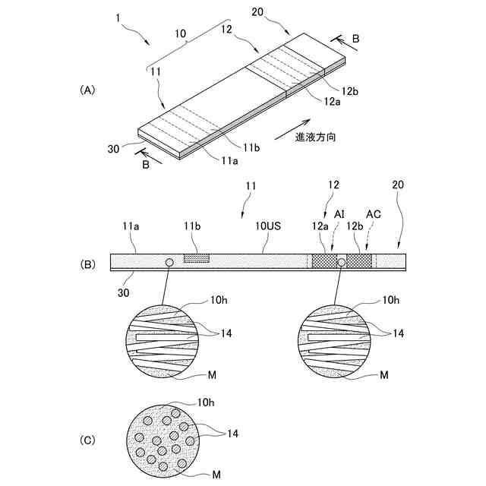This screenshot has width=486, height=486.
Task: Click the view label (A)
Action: [87, 90]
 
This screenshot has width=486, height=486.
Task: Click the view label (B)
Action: [87, 265]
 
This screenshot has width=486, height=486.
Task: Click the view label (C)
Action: [87, 440]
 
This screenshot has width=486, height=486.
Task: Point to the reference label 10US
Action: [263, 226]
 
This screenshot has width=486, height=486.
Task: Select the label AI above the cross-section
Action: [339, 215]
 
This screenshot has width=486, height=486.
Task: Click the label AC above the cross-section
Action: [373, 215]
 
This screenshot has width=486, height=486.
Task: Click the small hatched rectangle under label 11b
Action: [197, 259]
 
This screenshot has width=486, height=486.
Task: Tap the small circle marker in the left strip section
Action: [169, 262]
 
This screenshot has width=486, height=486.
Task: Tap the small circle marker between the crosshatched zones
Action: [342, 262]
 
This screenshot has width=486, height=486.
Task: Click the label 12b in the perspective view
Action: [350, 91]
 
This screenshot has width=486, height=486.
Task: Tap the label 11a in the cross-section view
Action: [126, 226]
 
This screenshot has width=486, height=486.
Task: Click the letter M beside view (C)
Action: [216, 475]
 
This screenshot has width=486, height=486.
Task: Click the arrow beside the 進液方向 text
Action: [295, 125]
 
